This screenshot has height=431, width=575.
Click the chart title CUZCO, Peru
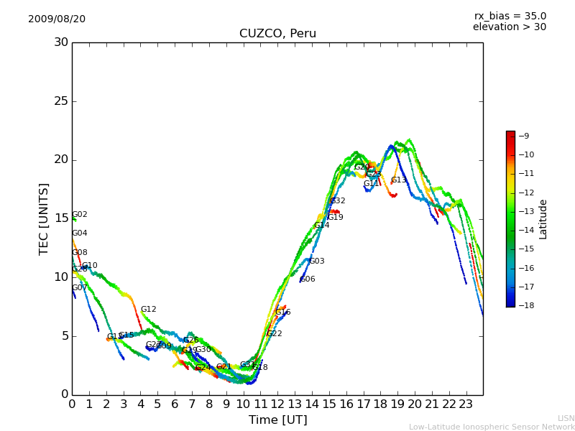277,34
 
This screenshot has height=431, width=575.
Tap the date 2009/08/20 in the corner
57,19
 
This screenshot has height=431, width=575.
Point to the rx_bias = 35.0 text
510,16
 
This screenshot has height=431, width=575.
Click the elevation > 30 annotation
509,27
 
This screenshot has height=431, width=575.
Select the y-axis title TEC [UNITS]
44,218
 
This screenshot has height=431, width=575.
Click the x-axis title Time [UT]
277,420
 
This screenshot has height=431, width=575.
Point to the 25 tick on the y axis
61,101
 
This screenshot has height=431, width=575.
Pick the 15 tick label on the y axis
61,218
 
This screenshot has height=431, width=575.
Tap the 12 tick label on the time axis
277,404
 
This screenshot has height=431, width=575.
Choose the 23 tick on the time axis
466,404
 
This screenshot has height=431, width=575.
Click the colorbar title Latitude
543,219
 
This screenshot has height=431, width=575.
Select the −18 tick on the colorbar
525,305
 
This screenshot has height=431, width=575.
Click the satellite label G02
80,215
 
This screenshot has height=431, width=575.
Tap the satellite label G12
148,310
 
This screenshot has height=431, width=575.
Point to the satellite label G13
399,180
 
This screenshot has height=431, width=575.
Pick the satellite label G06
308,279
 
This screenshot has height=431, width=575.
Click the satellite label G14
321,226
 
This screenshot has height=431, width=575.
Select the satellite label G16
283,312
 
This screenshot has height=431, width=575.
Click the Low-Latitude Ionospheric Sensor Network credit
492,427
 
